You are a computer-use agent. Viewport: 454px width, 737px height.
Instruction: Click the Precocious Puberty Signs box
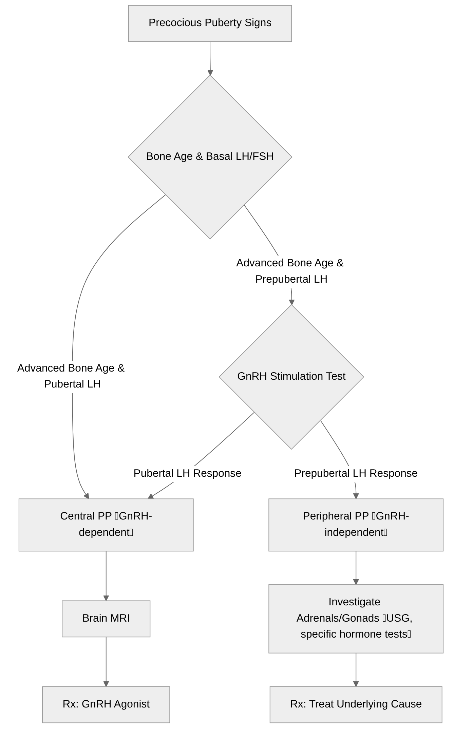click(210, 23)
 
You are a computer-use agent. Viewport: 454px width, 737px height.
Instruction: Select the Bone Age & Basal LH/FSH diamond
click(210, 157)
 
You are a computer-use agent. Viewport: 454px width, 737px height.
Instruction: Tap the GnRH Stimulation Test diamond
click(291, 377)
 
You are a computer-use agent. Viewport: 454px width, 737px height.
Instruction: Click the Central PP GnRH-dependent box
click(106, 525)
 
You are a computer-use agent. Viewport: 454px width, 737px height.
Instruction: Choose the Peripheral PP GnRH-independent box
click(356, 525)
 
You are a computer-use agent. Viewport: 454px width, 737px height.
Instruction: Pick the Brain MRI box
click(106, 619)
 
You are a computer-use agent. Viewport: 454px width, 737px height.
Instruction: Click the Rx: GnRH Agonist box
click(106, 704)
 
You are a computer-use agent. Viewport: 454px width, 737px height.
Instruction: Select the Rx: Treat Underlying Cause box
click(356, 704)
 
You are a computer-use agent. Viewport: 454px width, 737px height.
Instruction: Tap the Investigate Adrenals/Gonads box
click(356, 619)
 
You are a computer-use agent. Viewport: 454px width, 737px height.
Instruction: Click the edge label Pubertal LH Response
click(187, 473)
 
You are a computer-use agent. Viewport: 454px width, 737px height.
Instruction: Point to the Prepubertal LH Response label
click(356, 473)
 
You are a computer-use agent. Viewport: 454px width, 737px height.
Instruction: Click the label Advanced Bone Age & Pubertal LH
click(71, 376)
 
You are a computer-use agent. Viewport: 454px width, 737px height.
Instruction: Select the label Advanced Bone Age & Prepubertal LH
click(290, 271)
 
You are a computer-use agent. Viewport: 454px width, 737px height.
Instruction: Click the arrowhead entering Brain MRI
click(106, 598)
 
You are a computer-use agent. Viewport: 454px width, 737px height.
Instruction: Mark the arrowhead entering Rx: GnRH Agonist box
click(106, 684)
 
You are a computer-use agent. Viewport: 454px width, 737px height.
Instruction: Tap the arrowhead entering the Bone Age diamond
click(210, 73)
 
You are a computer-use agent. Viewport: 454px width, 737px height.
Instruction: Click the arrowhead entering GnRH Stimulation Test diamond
click(291, 302)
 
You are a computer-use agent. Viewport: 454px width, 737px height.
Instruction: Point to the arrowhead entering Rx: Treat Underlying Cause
click(356, 684)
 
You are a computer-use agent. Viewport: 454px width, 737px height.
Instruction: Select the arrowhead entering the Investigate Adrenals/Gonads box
click(356, 582)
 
